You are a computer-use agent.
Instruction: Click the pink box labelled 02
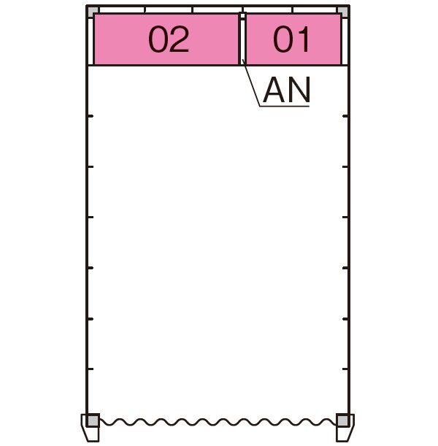(x=166, y=39)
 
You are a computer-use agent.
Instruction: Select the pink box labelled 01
(x=293, y=39)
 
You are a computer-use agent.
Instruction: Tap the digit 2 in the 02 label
(x=179, y=39)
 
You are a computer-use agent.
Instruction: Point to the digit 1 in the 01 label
(x=303, y=39)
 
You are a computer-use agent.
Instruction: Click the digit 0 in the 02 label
(x=158, y=39)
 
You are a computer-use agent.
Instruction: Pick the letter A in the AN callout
(x=274, y=90)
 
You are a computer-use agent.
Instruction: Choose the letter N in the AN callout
(x=299, y=90)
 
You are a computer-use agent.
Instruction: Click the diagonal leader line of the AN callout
(x=250, y=82)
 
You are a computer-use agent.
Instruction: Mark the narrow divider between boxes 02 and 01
(x=242, y=39)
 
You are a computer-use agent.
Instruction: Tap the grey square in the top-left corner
(x=93, y=12)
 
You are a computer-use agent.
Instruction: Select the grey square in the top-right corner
(x=342, y=12)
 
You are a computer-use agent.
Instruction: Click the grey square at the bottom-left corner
(x=93, y=420)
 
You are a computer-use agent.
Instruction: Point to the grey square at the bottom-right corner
(x=342, y=420)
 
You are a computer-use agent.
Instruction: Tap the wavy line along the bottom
(x=218, y=422)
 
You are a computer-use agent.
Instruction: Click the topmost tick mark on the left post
(x=91, y=116)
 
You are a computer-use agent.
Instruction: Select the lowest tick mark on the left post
(x=91, y=369)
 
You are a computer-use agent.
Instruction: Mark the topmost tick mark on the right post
(x=345, y=116)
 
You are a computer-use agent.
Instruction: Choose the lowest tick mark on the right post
(x=345, y=369)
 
